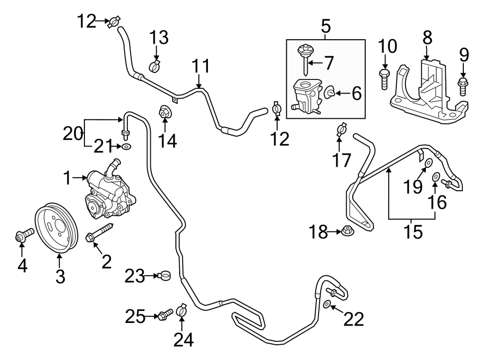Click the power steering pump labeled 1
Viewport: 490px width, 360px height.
(x=109, y=193)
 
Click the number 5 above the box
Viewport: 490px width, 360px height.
(x=326, y=25)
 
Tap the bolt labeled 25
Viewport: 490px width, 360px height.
(x=164, y=315)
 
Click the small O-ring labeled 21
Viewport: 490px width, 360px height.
(x=126, y=147)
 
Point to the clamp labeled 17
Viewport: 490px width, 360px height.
(x=341, y=129)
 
